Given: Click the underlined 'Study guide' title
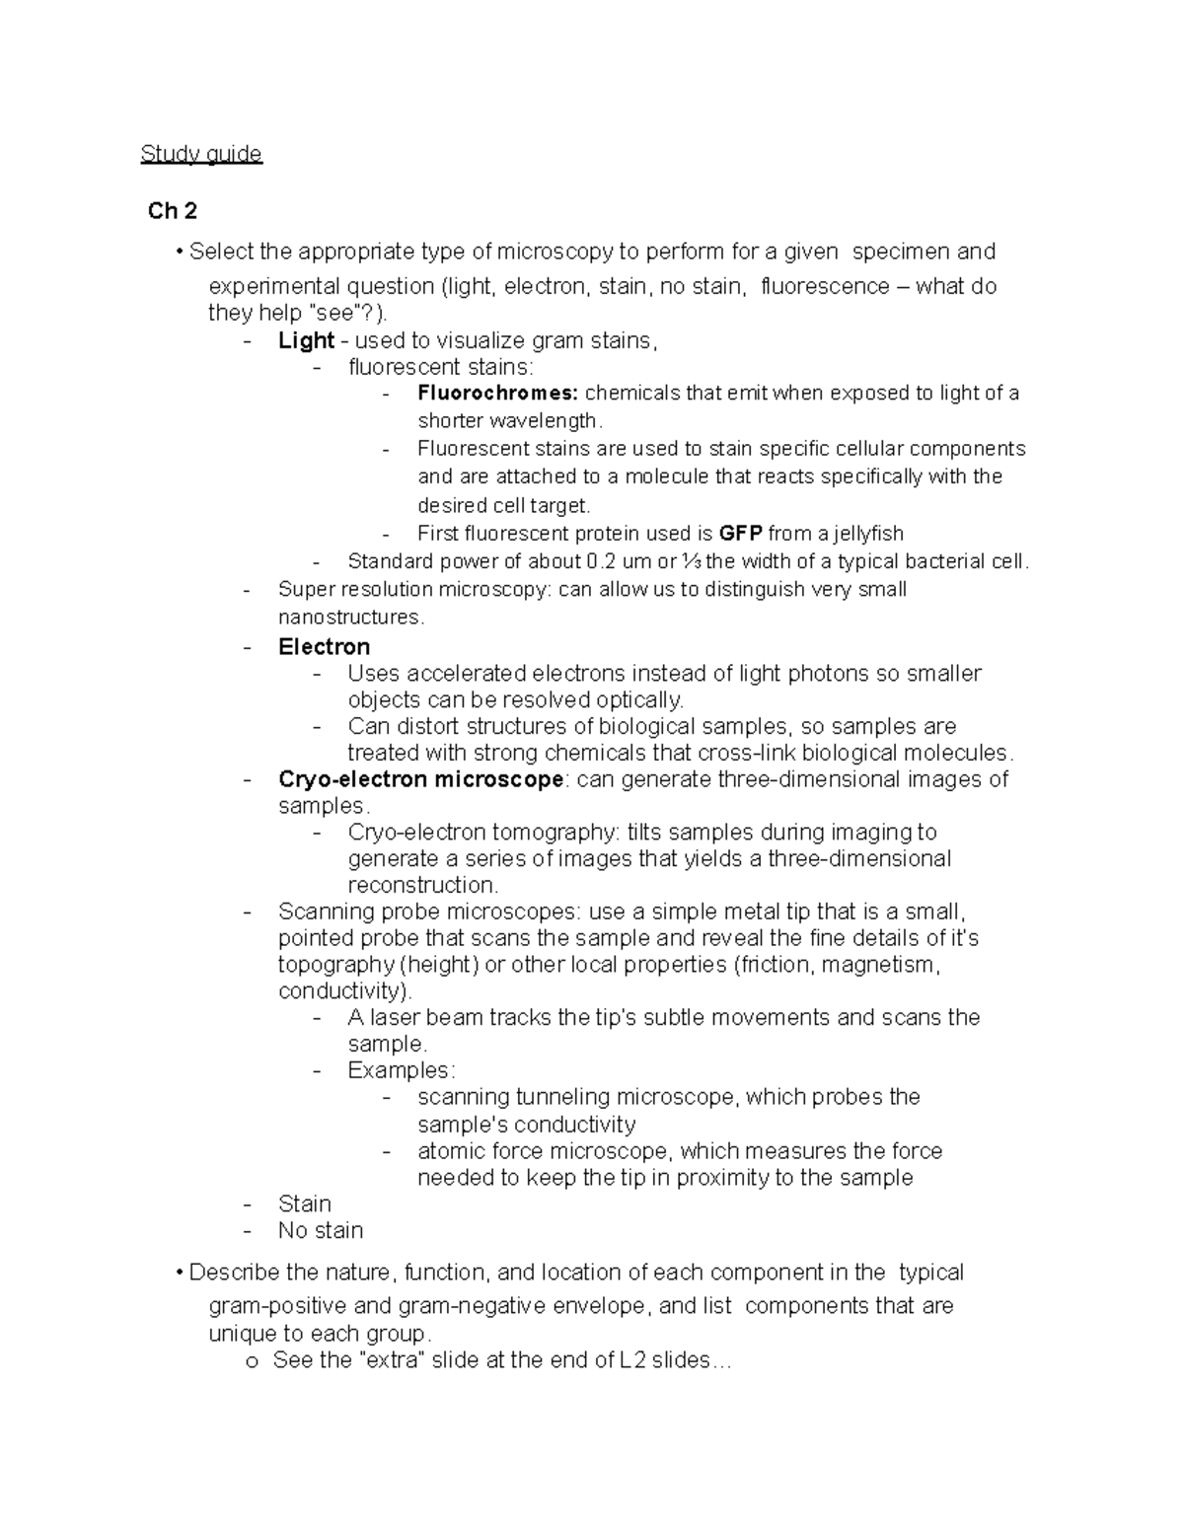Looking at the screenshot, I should pos(201,154).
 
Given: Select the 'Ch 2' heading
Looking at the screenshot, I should pos(172,211).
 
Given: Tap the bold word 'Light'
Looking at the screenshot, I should pos(306,341).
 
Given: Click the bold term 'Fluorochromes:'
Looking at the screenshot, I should pos(497,394).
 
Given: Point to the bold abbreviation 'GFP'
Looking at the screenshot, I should pos(740,534).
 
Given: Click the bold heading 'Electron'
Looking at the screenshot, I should pos(324,647).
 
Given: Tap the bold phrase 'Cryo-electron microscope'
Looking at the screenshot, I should pos(421,779).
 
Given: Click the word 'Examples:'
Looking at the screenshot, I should pos(402,1070).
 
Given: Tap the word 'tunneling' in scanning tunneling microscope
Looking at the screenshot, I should pos(562,1097).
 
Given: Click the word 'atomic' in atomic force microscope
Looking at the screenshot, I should pos(451,1151).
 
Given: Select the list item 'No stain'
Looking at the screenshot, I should pos(321,1231).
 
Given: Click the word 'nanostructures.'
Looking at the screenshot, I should pos(351,618).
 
